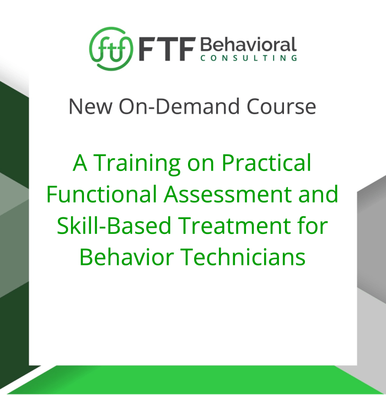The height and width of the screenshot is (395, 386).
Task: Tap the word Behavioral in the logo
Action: [x=248, y=44]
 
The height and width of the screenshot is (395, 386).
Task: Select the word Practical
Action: [x=266, y=163]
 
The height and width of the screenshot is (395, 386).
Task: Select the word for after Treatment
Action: [x=313, y=225]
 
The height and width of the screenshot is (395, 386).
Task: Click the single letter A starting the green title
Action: [x=81, y=163]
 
